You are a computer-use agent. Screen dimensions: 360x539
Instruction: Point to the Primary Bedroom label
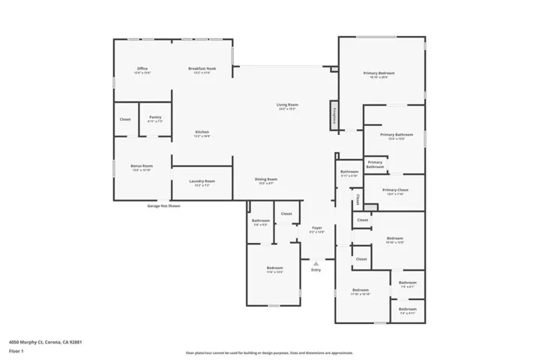pos(379,74)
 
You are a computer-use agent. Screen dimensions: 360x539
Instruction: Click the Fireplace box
pos(332,118)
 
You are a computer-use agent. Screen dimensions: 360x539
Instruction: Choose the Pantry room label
pos(155,118)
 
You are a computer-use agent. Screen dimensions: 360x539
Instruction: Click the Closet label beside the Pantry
pos(125,119)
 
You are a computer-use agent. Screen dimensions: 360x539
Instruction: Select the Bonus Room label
pos(142,167)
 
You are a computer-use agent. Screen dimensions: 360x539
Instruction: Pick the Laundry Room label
pos(202,182)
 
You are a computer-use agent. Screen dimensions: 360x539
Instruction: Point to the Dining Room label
pos(266,181)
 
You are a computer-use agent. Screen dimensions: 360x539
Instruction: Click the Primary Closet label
pos(395,191)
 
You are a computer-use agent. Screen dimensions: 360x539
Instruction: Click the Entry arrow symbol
pos(316,262)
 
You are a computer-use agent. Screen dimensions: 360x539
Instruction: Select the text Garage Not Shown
pos(163,205)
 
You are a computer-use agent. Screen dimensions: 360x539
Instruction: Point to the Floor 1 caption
pos(16,349)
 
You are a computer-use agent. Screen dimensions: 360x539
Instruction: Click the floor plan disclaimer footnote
pos(269,352)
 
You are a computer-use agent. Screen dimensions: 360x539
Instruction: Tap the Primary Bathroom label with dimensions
pos(397,136)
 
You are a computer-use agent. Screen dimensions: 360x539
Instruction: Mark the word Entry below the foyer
pos(316,270)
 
